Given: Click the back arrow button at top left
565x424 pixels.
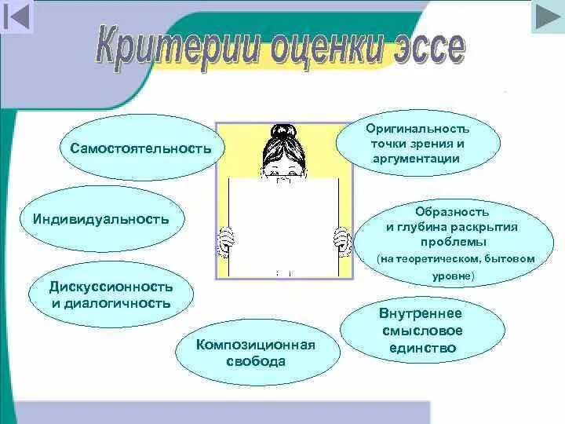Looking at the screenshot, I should (x=17, y=16).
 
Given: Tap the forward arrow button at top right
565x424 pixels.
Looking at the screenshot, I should (x=547, y=16).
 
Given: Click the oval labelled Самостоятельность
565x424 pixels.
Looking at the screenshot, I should (x=141, y=148).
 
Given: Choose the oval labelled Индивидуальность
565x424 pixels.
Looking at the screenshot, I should (x=101, y=217).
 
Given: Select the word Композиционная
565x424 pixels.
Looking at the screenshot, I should (x=256, y=345).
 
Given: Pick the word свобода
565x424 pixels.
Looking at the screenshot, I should (x=256, y=362).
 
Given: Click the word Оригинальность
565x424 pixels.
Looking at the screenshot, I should (x=417, y=128).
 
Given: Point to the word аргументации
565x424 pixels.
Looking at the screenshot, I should (x=417, y=159).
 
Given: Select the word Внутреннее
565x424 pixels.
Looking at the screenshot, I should (x=425, y=313).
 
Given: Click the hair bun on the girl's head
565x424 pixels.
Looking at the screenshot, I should (x=281, y=130).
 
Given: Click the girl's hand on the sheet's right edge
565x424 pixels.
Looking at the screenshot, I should (x=342, y=236).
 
